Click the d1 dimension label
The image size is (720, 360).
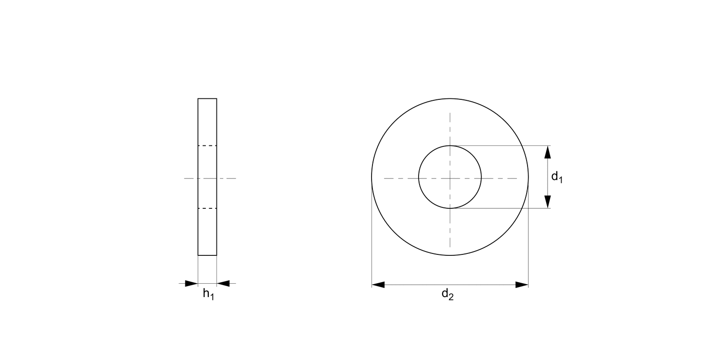click(556, 177)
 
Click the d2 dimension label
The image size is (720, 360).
click(447, 295)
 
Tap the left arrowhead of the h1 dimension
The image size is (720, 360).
click(191, 284)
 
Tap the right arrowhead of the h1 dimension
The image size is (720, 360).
click(223, 284)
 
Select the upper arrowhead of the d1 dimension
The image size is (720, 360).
click(547, 152)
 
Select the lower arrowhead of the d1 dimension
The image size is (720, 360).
click(547, 202)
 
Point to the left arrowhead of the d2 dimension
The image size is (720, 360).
click(378, 285)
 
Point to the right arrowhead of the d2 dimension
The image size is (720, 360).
click(522, 285)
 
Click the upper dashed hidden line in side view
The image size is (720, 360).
click(207, 145)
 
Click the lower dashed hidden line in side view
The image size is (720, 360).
click(207, 208)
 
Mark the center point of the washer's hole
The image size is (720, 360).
click(450, 178)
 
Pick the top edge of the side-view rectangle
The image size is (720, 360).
click(207, 98)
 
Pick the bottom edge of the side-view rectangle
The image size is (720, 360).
click(207, 255)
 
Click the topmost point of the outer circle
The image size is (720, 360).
click(450, 98)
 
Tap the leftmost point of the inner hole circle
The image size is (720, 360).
click(419, 178)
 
